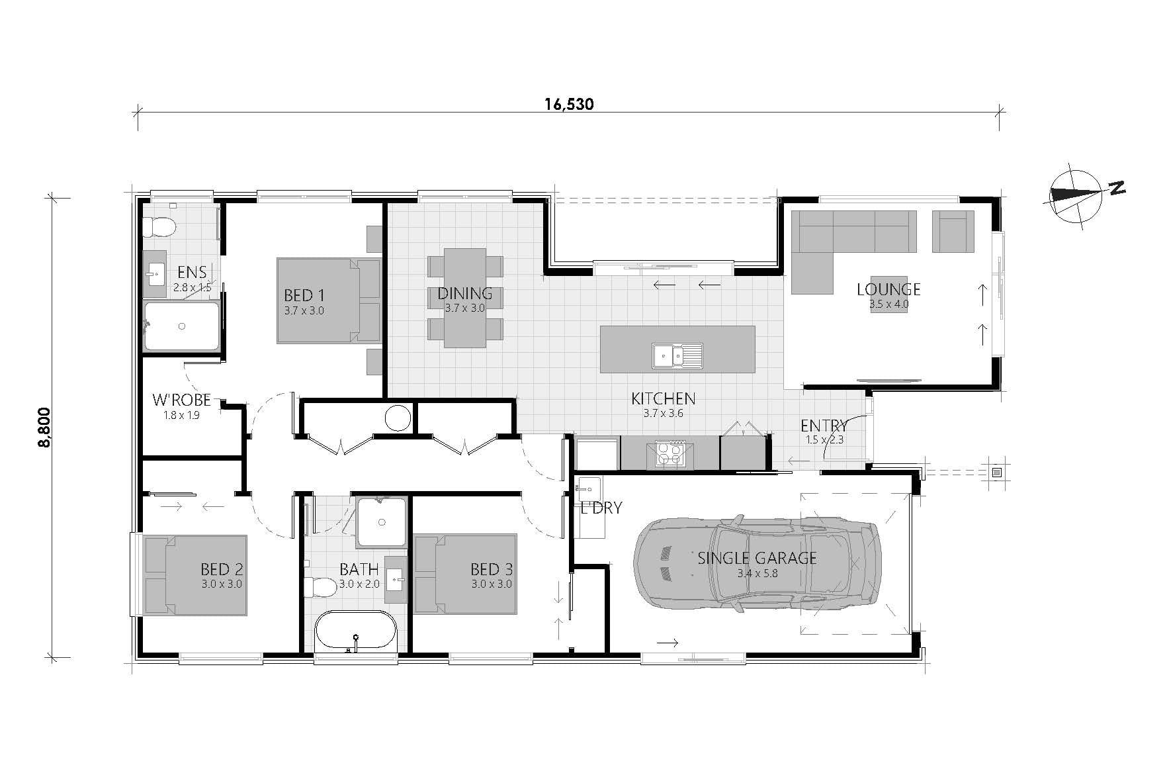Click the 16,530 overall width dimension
click(x=569, y=104)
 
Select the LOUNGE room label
click(x=888, y=289)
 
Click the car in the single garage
click(x=757, y=563)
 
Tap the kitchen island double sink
click(x=677, y=355)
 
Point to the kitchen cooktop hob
click(x=670, y=453)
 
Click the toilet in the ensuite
click(x=159, y=228)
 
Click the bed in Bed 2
click(x=196, y=575)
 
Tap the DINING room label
click(x=464, y=293)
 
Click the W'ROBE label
click(x=181, y=400)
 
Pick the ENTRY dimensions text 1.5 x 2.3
click(x=825, y=439)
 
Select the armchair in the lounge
click(x=953, y=232)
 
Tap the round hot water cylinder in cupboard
click(x=398, y=418)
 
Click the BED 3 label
click(x=491, y=569)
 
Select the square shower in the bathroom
click(x=382, y=522)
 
